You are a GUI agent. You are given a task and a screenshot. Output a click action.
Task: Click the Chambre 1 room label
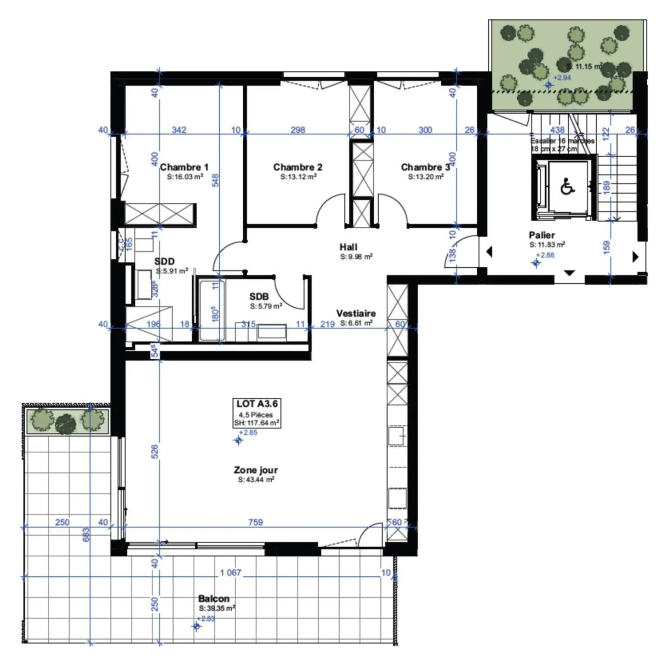click(184, 167)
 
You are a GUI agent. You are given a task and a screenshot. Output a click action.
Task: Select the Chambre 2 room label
click(297, 167)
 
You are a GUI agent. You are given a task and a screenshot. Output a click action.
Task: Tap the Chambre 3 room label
click(425, 167)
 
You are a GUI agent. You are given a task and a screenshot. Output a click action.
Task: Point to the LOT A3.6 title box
click(257, 413)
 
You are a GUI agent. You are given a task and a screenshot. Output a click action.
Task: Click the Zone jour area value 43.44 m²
click(256, 480)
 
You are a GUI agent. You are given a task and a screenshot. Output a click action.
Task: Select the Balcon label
click(213, 598)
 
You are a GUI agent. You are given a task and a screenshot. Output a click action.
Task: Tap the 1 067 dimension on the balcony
click(230, 573)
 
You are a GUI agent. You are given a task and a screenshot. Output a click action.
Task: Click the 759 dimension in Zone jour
click(255, 522)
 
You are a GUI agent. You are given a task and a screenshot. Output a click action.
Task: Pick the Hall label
click(348, 247)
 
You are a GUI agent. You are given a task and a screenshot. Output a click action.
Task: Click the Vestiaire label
click(355, 314)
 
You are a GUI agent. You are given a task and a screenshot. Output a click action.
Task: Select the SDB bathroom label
click(259, 297)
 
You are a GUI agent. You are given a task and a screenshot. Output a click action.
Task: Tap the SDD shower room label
click(164, 262)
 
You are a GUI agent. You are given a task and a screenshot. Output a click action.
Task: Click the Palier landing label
click(542, 235)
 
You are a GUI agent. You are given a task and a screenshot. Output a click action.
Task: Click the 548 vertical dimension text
click(215, 180)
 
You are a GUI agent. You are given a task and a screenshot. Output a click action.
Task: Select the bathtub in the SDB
click(211, 310)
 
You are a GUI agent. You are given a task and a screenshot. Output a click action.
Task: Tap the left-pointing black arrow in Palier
click(489, 252)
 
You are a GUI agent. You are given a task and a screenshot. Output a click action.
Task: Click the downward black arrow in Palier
click(569, 273)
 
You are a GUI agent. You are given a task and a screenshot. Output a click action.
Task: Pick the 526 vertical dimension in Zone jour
click(155, 451)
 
